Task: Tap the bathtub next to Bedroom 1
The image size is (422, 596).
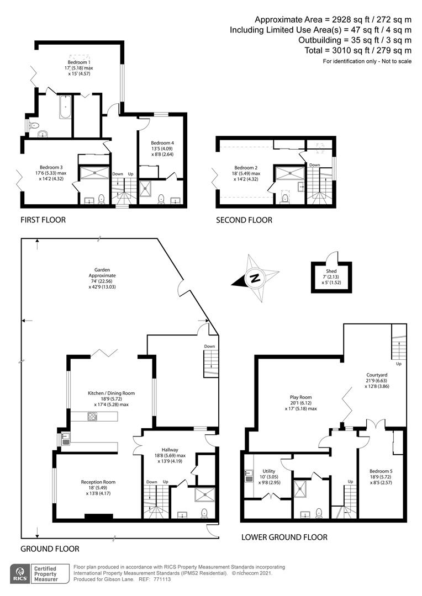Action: [x=65, y=107]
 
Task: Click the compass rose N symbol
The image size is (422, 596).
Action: [x=255, y=278]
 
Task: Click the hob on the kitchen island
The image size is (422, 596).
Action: [x=92, y=417]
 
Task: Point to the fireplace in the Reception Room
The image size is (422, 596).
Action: [x=98, y=517]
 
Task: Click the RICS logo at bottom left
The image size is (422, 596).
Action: [x=20, y=574]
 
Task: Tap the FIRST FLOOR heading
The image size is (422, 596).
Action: [x=43, y=220]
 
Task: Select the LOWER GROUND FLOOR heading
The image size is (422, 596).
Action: [x=284, y=537]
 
